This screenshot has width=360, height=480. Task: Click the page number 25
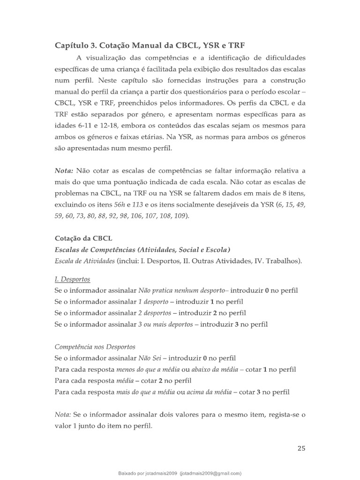[301, 448]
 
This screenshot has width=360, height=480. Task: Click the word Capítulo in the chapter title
[72, 45]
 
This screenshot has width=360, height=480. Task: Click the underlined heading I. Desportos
[72, 279]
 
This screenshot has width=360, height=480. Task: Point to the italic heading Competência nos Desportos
[95, 347]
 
